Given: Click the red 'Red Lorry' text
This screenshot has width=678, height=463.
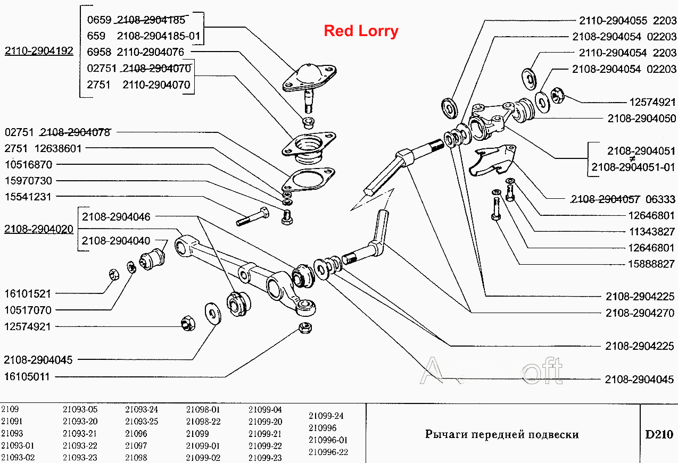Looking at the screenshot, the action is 361,31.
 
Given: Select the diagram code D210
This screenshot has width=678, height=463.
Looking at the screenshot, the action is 659,435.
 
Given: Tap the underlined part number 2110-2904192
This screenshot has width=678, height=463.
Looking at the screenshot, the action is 39,50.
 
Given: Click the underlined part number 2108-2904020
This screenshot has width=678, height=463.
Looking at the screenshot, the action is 38,229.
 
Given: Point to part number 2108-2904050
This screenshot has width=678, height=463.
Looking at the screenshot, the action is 642,118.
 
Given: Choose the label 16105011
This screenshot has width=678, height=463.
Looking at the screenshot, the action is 27,377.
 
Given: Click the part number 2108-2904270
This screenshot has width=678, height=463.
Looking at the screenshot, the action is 640,313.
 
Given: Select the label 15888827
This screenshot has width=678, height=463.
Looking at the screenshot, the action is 651,264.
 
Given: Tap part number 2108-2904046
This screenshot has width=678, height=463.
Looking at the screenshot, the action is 116,216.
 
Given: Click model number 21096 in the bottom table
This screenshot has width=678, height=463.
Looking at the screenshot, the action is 136,433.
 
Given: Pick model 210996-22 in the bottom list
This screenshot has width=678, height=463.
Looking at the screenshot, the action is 328,452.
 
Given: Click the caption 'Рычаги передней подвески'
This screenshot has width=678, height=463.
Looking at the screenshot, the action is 502,435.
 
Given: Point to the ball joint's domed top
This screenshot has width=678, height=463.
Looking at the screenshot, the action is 309,73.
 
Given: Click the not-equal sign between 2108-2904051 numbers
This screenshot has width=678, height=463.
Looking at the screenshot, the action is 632,159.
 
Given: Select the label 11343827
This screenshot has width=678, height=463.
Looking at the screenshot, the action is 652,232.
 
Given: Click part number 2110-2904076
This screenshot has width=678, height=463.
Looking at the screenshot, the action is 150,52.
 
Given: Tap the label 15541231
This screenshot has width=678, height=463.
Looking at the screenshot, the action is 28,197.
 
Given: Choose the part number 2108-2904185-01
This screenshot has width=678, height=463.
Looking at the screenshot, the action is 159,36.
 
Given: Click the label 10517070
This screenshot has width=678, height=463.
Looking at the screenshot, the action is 28,310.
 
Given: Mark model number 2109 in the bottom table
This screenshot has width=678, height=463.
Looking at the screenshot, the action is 10,409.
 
